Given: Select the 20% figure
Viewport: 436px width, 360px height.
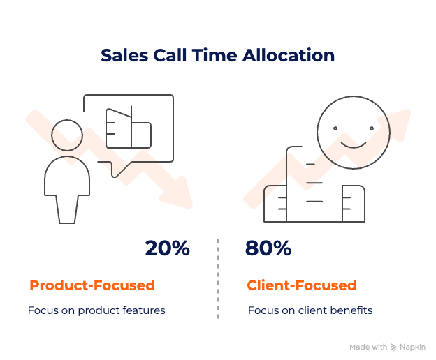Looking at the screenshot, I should [167, 248].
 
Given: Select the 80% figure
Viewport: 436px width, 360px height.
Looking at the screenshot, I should [268, 248].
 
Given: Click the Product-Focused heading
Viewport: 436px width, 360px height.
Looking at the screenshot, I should [92, 285].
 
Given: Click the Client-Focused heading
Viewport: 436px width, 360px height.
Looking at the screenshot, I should [302, 285].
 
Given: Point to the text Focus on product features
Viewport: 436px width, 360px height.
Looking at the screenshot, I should [97, 310].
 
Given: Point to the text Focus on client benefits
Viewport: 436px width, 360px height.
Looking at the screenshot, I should [310, 310].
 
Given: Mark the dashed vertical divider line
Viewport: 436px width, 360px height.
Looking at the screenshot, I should [218, 279].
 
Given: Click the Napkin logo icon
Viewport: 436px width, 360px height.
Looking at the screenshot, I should [394, 347].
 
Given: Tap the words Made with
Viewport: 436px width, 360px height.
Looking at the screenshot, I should [368, 347].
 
